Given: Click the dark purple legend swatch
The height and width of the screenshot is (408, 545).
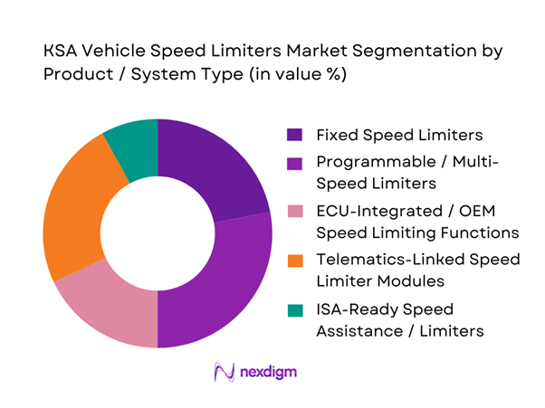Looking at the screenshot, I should (295, 135).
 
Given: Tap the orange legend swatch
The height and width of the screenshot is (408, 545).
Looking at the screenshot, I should (295, 260).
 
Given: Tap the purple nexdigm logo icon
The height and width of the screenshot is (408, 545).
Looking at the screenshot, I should (222, 371).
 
